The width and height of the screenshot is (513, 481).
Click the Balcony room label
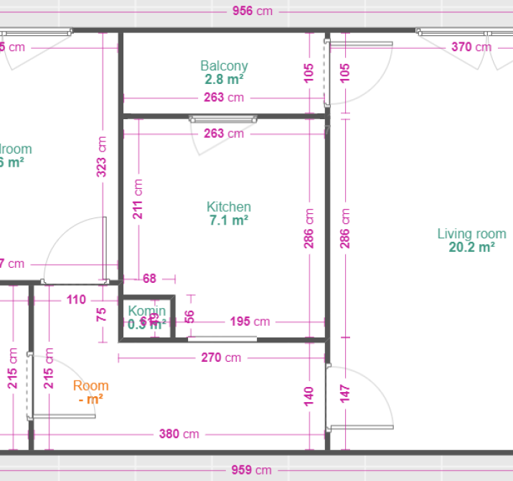(224, 66)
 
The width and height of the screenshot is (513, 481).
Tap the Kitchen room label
(229, 207)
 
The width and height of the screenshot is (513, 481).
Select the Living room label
(471, 233)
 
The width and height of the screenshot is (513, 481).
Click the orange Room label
(90, 386)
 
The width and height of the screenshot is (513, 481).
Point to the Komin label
(147, 311)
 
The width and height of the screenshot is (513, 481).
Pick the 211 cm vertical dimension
(138, 199)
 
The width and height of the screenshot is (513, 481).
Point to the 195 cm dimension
(250, 322)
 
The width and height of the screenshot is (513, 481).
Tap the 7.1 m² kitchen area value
(229, 220)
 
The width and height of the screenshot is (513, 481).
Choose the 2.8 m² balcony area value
(224, 80)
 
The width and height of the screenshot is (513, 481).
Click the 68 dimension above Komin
(149, 278)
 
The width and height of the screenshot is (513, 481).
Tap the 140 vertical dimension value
(309, 395)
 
